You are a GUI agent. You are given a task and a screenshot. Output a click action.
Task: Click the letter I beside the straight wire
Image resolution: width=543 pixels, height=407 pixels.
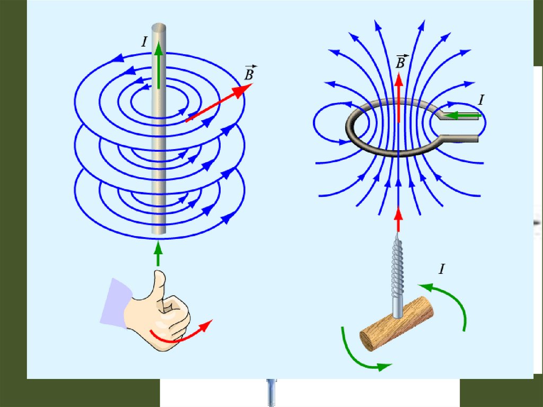(x=144, y=42)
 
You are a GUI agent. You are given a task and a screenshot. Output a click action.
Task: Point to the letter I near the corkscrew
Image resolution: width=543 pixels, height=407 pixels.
(x=441, y=270)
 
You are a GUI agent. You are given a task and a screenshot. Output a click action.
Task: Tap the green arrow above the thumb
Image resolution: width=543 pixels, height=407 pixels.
(x=157, y=254)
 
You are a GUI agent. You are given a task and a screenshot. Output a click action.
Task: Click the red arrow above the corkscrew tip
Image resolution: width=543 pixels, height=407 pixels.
(x=398, y=218)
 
